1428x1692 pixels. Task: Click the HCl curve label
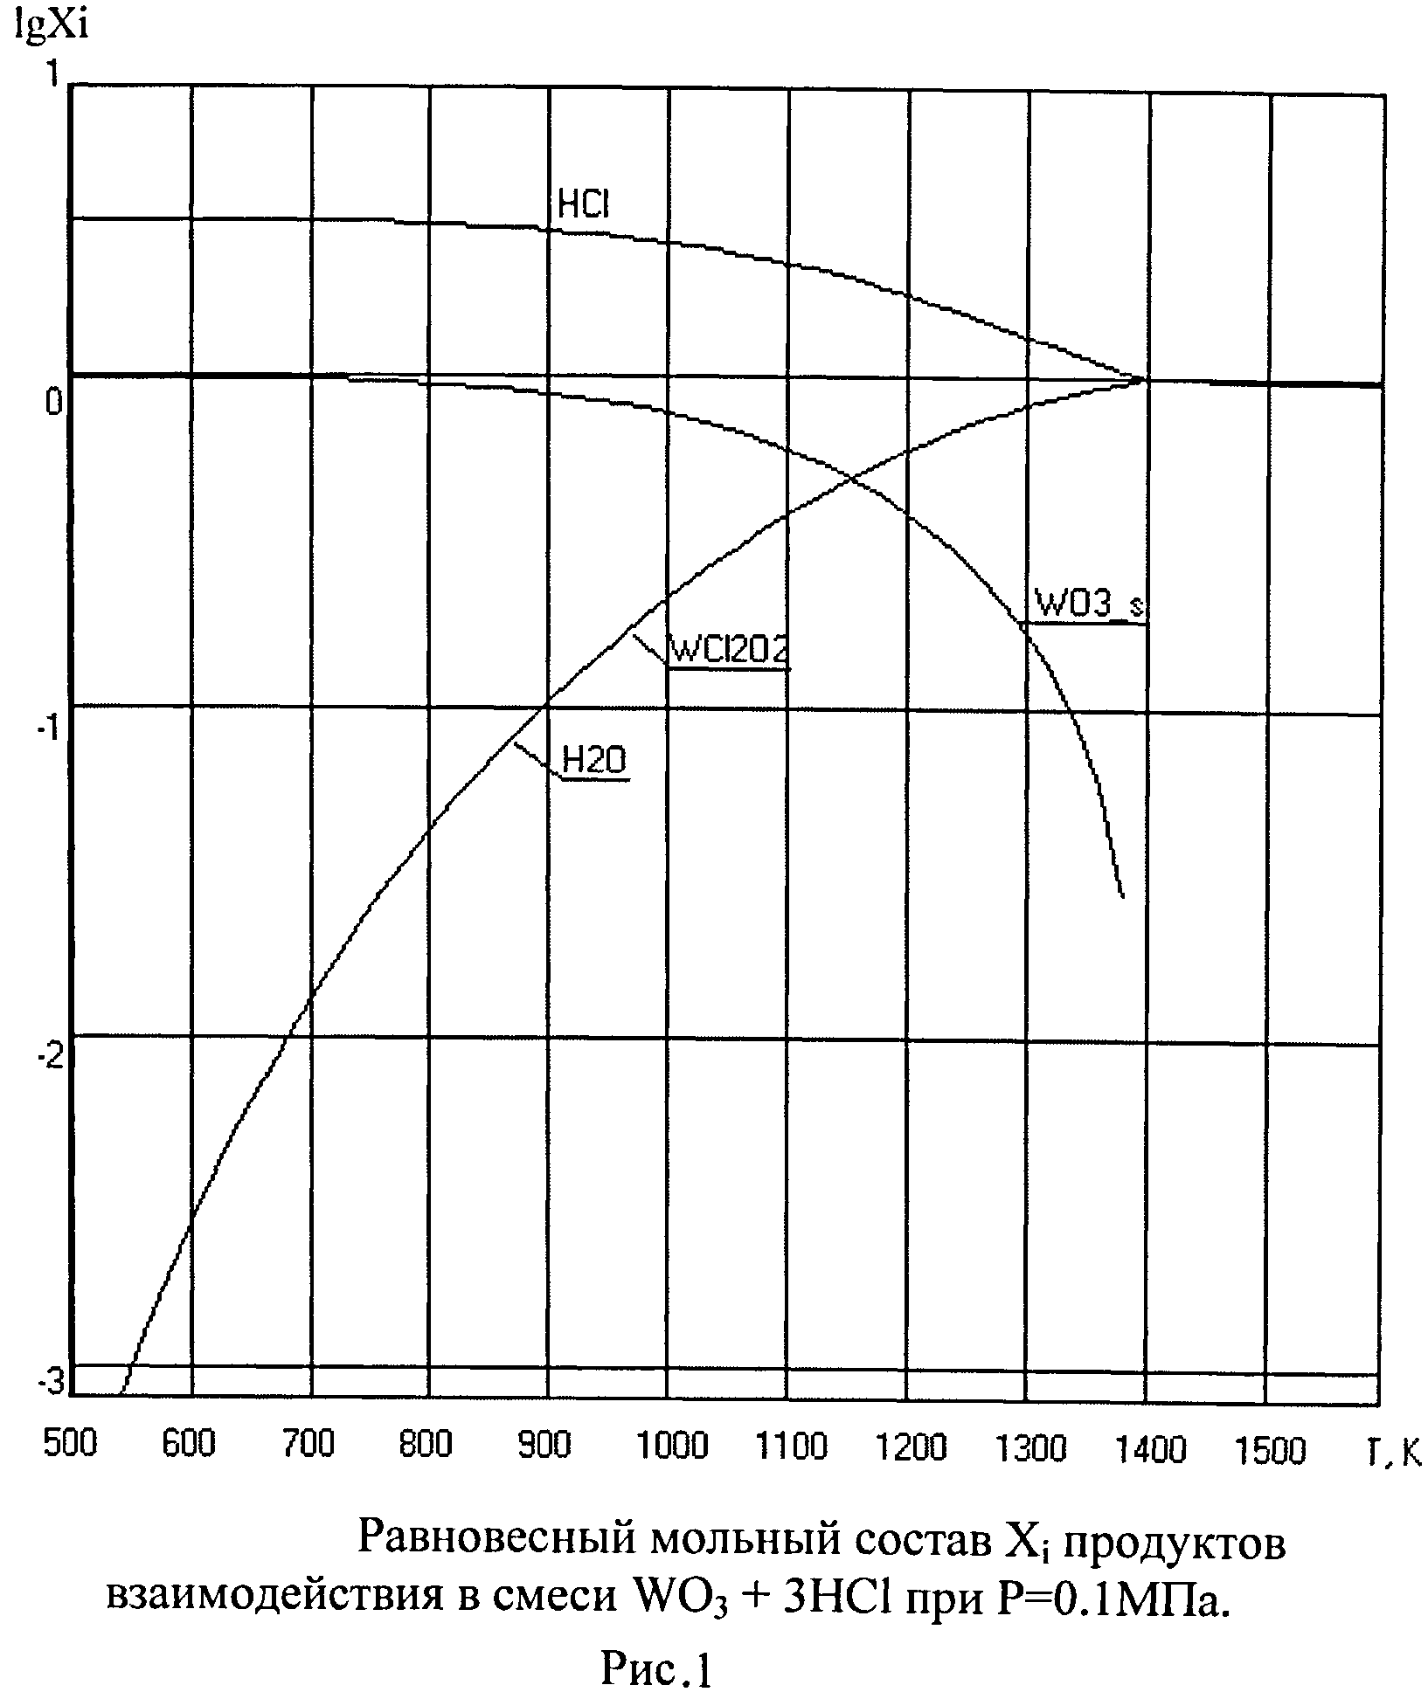point(584,204)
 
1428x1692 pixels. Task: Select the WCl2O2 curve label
point(728,650)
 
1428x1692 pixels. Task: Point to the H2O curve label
point(594,761)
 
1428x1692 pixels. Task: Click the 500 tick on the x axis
point(70,1444)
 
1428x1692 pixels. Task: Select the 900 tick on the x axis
point(545,1444)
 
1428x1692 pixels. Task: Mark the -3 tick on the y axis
point(52,1382)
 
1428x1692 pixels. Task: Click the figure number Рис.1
point(656,1668)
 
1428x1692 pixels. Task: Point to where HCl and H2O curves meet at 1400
point(1144,379)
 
